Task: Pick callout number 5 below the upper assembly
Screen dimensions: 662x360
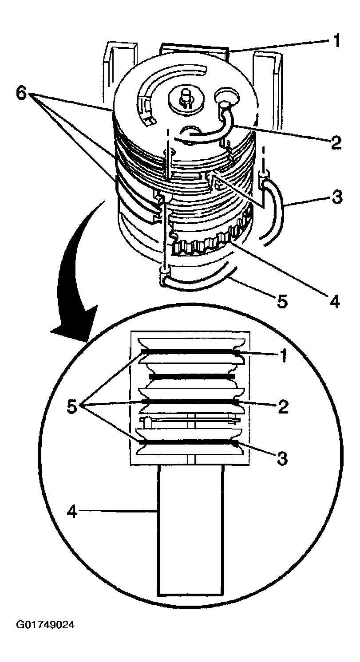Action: tap(281, 302)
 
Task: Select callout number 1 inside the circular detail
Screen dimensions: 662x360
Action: tap(281, 355)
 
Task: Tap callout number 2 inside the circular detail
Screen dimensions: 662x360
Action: tap(281, 406)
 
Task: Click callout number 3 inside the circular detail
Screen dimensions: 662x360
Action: tap(281, 457)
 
